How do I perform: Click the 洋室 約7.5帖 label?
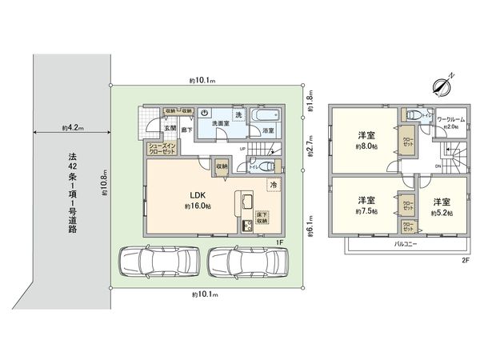point(366,205)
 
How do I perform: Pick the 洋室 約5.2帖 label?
point(442,206)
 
